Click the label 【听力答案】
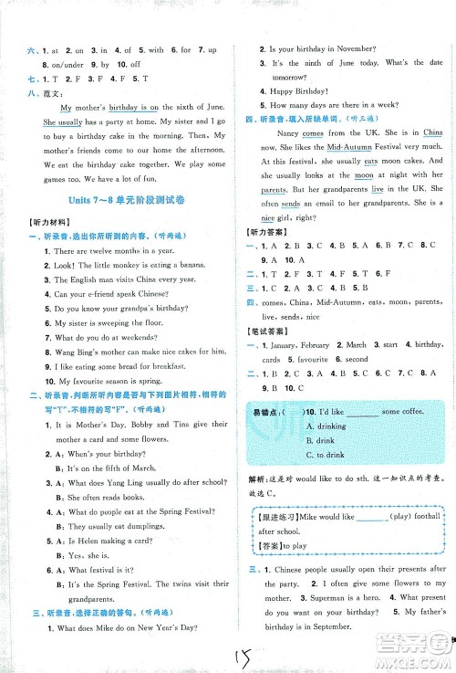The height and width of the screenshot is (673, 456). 265,233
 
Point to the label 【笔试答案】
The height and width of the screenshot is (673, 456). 265,321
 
